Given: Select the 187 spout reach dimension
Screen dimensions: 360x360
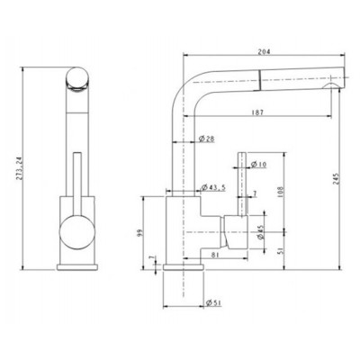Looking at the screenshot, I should click(x=257, y=112).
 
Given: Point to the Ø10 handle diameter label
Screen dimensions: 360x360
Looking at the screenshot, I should click(x=259, y=164).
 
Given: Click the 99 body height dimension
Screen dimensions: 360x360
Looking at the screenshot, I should click(x=141, y=233).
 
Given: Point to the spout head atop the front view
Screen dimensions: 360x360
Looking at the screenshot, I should click(x=77, y=81).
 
